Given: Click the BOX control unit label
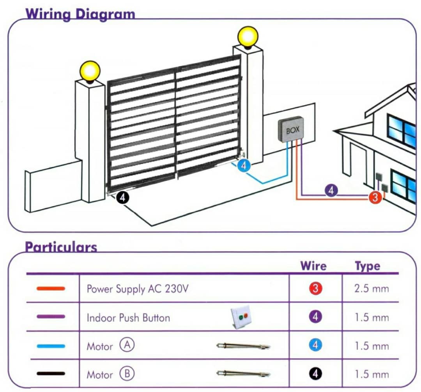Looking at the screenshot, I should [293, 130].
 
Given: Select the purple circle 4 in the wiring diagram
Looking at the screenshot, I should [331, 191].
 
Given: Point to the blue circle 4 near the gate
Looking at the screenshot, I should [244, 166].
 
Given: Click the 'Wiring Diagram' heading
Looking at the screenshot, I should [80, 14].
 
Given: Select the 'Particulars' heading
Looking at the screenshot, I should [61, 247].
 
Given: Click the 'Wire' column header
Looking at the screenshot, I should [313, 266].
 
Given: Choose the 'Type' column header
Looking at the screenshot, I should [367, 266].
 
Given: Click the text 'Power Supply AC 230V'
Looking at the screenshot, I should [138, 289].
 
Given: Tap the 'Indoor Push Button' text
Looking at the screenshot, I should [128, 318].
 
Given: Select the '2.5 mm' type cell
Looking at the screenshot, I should [371, 289].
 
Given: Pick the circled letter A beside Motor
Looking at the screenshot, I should [127, 346].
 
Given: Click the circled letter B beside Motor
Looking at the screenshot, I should [127, 374].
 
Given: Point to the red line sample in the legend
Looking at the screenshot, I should [51, 289].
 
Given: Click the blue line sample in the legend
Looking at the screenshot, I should [51, 346].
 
